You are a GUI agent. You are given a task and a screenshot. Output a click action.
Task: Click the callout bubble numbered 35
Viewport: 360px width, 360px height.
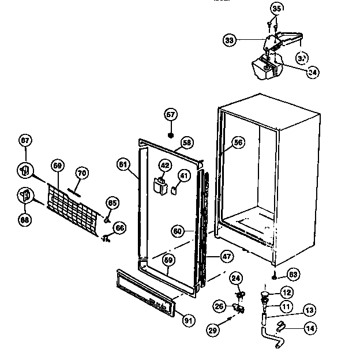point(277,9)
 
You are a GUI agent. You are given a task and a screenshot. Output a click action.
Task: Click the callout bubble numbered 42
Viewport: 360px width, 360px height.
point(165,165)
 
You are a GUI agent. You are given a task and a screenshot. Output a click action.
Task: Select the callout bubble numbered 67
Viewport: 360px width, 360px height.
point(25,140)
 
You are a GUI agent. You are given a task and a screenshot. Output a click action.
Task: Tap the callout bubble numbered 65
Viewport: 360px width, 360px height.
point(112,203)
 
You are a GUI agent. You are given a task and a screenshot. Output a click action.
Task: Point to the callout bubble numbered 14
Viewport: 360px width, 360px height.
point(310,330)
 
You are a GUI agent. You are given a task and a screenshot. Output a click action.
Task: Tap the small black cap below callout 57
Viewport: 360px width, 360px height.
point(171,135)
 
